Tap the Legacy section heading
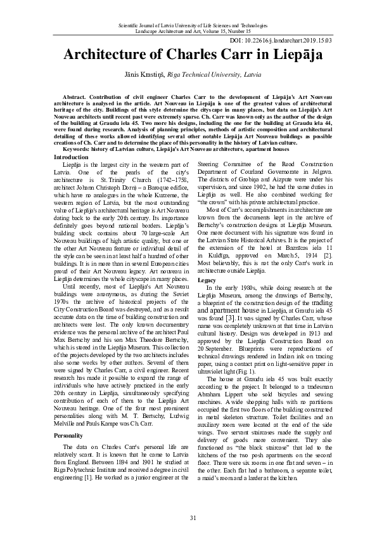(207, 297)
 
